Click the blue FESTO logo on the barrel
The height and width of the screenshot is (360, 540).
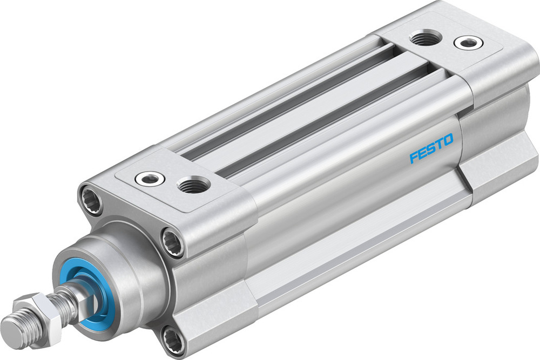[431, 149]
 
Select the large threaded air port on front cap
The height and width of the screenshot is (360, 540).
[193, 185]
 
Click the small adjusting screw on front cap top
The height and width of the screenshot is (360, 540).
[148, 178]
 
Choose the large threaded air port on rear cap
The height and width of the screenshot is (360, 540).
[425, 37]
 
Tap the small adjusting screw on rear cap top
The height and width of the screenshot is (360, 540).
[465, 42]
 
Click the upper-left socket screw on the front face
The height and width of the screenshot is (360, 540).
[92, 200]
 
